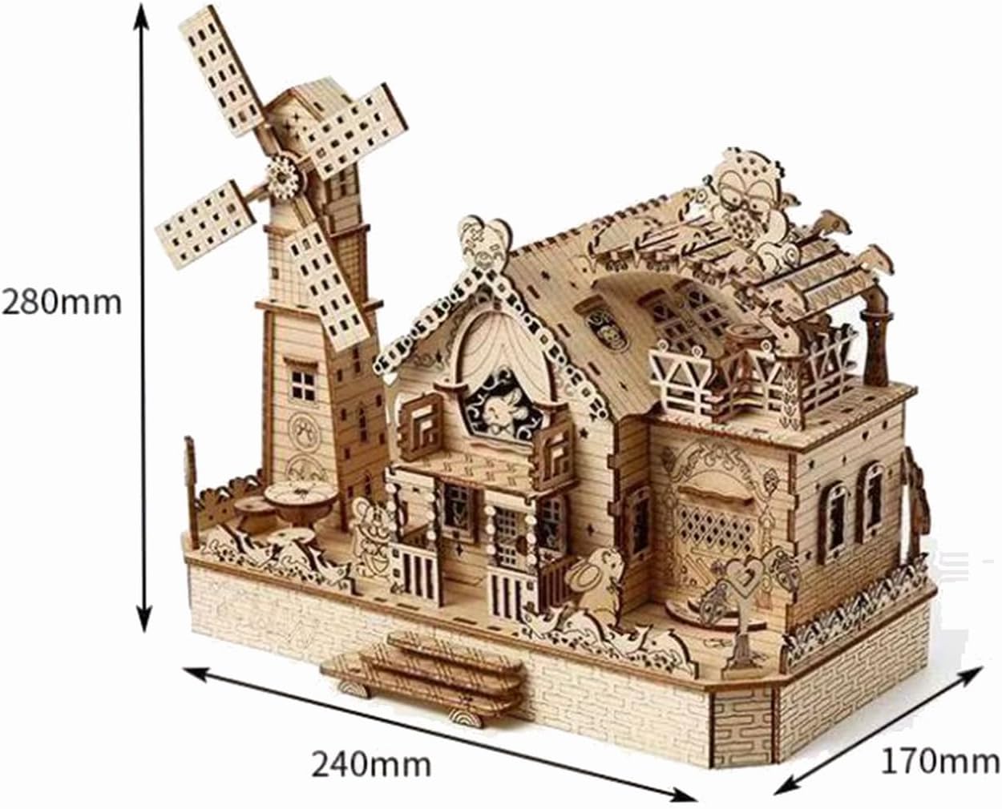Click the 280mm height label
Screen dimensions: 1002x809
tap(61, 304)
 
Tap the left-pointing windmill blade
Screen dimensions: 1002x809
tap(207, 227)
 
